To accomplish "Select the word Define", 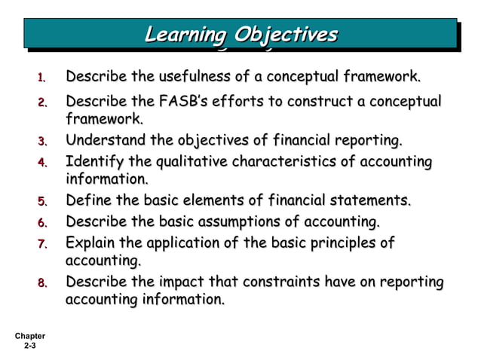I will coord(86,201).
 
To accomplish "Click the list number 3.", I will coord(43,142).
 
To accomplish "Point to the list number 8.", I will coord(43,283).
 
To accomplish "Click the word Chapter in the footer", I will coord(30,336).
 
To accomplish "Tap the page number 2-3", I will coord(30,346).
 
